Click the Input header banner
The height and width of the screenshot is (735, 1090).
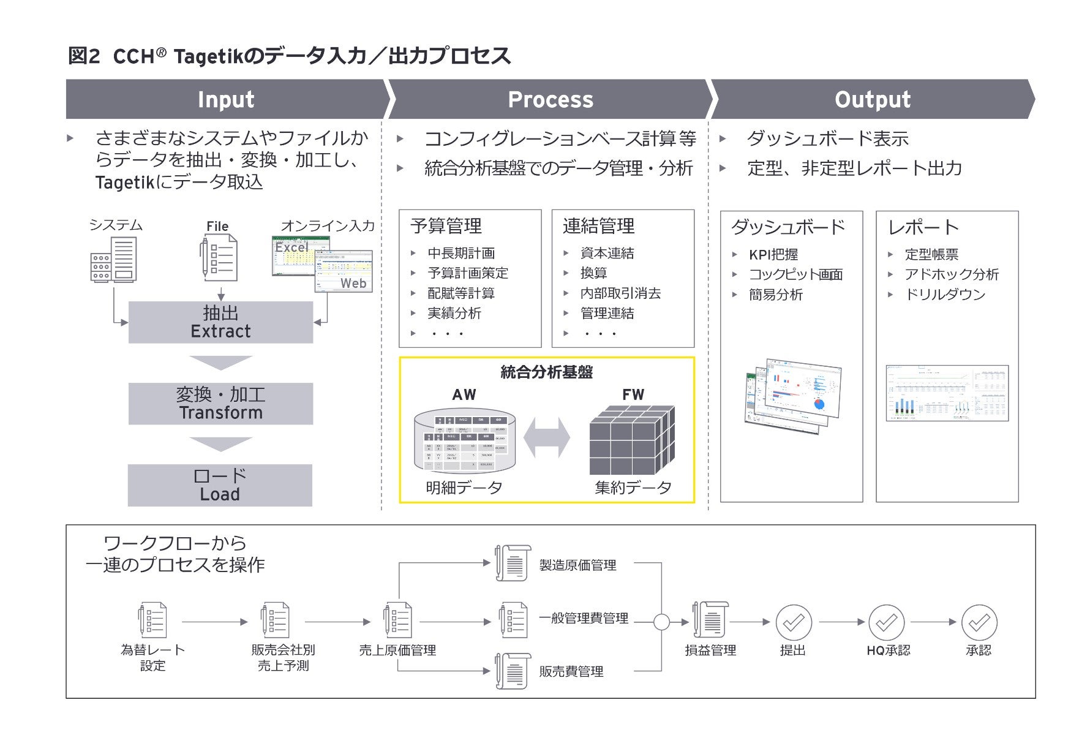point(225,99)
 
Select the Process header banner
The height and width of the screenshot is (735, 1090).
point(550,99)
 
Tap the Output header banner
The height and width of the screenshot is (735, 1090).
point(872,99)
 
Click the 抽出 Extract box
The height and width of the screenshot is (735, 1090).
point(220,322)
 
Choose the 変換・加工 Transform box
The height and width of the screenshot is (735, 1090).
point(220,404)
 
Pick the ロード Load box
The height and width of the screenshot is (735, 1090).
point(220,485)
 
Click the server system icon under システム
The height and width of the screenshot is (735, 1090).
point(113,260)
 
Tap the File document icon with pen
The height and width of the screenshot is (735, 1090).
point(219,259)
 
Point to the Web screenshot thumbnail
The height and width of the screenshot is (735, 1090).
point(344,271)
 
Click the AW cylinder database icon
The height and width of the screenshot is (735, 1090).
point(464,441)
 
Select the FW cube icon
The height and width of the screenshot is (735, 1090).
point(632,440)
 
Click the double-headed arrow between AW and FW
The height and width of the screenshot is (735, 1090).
point(547,438)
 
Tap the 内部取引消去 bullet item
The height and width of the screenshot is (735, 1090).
point(620,293)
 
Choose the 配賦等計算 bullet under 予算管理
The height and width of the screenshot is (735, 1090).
point(460,293)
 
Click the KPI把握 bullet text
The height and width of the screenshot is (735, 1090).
point(773,255)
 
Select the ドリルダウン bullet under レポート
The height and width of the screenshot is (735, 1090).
point(945,295)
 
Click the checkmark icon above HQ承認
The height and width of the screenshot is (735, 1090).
point(886,623)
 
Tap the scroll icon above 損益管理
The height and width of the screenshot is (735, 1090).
point(710,620)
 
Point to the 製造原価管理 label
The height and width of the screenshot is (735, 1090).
point(577,565)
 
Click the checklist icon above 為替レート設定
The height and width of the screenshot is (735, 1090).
point(152,620)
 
